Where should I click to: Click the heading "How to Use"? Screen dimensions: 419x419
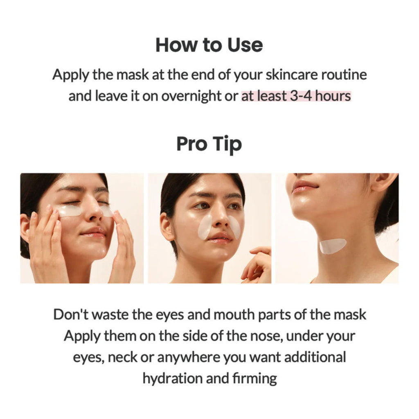[x=209, y=45]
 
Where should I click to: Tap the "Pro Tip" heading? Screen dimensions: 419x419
[x=209, y=144]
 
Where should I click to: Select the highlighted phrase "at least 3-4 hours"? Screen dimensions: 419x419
[x=296, y=96]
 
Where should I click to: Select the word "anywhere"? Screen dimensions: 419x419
[x=188, y=357]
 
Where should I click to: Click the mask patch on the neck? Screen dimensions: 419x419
[x=332, y=246]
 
